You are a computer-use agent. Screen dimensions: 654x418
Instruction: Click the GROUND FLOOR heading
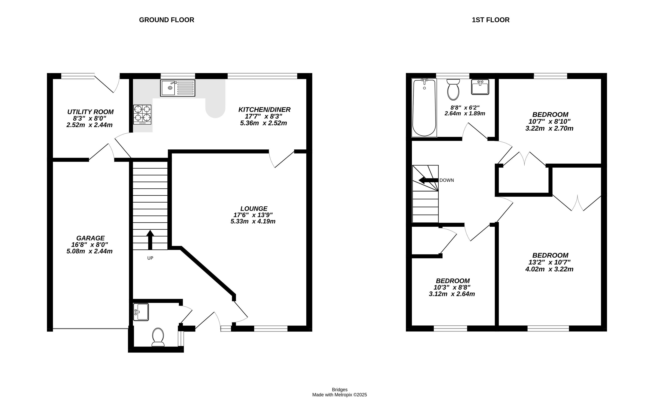point(167,20)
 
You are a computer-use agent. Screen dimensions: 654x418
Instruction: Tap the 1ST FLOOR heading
point(490,20)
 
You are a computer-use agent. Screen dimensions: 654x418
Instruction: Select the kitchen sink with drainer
point(178,88)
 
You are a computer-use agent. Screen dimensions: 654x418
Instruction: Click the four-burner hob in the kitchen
point(142,115)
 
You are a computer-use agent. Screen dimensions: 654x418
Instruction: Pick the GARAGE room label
point(90,238)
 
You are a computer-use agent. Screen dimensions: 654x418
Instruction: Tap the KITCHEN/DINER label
point(264,109)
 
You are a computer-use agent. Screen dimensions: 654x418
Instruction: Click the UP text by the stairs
point(150,258)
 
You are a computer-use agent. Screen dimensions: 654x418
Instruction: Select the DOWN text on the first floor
point(447,180)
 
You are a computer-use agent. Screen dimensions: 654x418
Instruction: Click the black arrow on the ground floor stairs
point(150,240)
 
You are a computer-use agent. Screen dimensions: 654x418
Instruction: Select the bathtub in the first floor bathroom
point(424,108)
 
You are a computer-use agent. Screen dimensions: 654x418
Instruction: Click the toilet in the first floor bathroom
point(453,89)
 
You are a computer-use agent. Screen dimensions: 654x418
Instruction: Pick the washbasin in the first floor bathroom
point(480,87)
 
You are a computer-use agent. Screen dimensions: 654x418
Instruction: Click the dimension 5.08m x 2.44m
point(90,251)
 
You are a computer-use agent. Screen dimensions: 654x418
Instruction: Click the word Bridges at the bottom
point(339,390)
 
